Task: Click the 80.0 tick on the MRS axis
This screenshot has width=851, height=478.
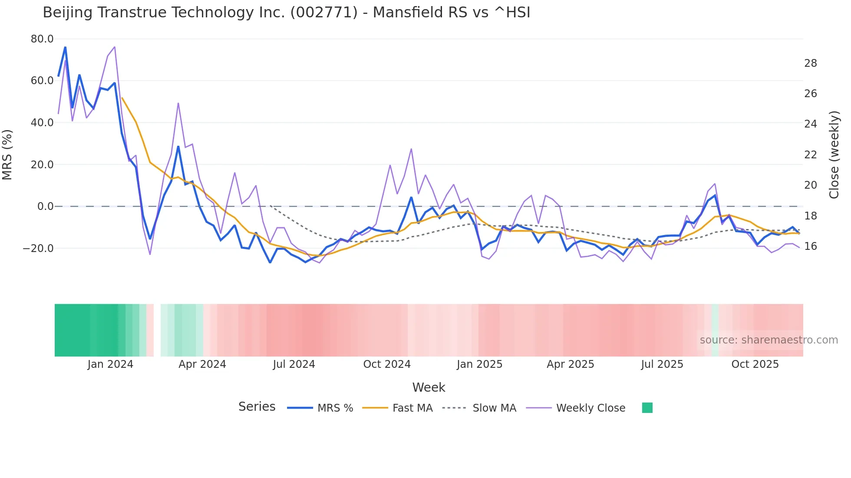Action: (42, 39)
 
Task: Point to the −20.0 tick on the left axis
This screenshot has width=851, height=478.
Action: (39, 249)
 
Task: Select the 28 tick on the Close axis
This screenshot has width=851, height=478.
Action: (810, 63)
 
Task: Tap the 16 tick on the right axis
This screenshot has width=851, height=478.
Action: (810, 246)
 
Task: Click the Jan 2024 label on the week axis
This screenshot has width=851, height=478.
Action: (110, 364)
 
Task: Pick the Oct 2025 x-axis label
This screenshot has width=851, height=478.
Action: (755, 364)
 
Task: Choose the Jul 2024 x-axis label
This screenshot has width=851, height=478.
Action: (294, 364)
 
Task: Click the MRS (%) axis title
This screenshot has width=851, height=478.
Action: (7, 154)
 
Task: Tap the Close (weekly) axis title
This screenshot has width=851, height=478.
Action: (834, 154)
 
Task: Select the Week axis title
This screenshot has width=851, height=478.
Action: (429, 387)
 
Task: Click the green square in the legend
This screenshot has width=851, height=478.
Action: (647, 408)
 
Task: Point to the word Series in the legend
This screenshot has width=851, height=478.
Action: (257, 407)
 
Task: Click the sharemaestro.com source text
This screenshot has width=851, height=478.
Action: (769, 340)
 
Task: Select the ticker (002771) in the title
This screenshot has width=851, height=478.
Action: (323, 13)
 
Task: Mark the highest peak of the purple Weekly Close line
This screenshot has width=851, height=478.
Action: (114, 47)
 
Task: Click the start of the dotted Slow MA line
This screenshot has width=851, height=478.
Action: (270, 206)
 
